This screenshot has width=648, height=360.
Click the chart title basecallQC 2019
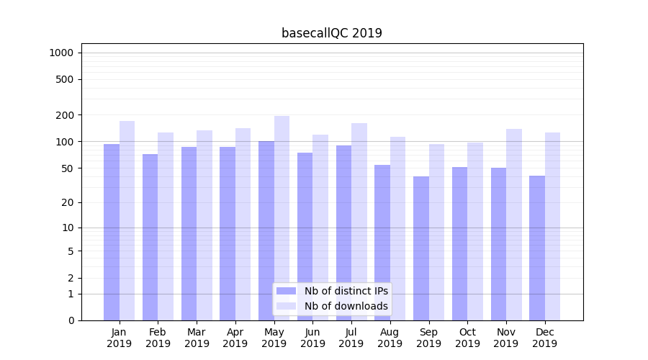point(331,33)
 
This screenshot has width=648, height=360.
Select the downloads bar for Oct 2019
point(475,231)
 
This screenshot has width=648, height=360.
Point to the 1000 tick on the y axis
point(61,53)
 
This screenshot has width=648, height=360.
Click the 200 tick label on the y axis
point(65,115)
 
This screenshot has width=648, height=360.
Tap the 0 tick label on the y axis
point(71,320)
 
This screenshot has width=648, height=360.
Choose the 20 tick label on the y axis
point(68,202)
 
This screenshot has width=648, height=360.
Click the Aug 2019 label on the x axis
point(390,338)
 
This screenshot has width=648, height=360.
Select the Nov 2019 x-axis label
point(506,338)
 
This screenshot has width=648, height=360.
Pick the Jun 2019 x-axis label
point(312,338)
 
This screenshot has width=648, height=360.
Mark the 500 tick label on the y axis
point(65,79)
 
